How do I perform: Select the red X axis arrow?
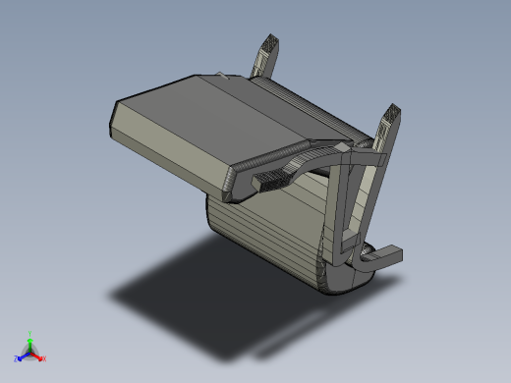[38, 356]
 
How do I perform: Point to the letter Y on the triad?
[31, 333]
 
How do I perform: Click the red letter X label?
[44, 358]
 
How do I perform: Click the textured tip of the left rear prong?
[269, 45]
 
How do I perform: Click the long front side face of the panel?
[167, 157]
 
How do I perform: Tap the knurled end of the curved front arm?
[271, 179]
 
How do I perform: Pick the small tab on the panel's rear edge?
[222, 75]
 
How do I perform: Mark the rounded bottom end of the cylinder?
[339, 280]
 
